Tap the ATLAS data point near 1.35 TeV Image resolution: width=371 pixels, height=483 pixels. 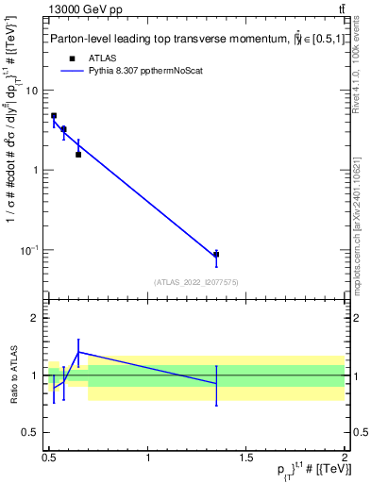click(216, 255)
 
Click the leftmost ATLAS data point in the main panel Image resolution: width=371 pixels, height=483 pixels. click(54, 116)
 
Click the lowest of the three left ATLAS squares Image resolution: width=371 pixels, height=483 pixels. click(78, 154)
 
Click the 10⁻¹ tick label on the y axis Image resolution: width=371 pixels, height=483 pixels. click(31, 250)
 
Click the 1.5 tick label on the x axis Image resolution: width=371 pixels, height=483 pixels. click(246, 457)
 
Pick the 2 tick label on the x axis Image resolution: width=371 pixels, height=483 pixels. click(344, 457)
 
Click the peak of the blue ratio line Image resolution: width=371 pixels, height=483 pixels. click(78, 352)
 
